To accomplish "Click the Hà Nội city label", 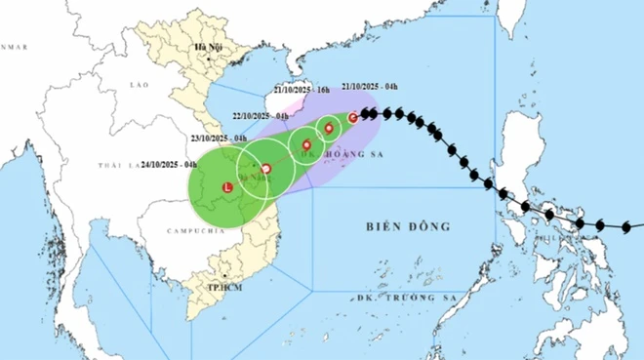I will tap(209, 47).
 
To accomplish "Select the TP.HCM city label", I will tap(223, 290).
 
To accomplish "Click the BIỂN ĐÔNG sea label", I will tap(409, 226).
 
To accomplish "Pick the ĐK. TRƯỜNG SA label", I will tap(401, 297).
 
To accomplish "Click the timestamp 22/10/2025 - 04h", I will tap(253, 116).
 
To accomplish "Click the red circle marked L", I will tap(228, 186).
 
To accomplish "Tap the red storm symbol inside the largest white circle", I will tap(265, 169).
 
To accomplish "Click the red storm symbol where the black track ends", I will tap(352, 117).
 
